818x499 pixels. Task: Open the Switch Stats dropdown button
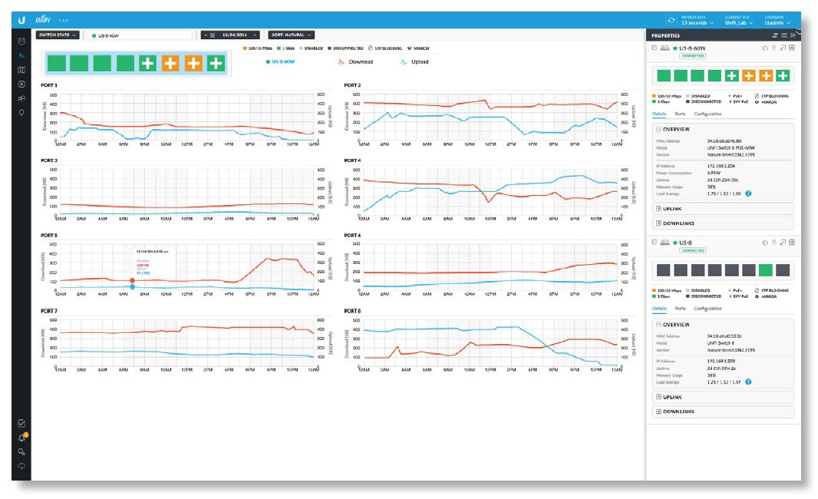58,35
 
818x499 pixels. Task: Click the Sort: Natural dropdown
291,35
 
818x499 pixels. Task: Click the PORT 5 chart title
49,236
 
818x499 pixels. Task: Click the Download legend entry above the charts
360,61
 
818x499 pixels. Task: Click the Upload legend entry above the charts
418,61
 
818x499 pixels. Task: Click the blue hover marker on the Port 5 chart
133,287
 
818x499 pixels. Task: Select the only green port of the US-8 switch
765,270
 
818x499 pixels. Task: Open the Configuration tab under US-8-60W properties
707,114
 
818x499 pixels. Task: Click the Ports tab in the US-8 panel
680,309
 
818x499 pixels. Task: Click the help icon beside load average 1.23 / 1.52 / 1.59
748,382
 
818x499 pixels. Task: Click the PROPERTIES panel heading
665,35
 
